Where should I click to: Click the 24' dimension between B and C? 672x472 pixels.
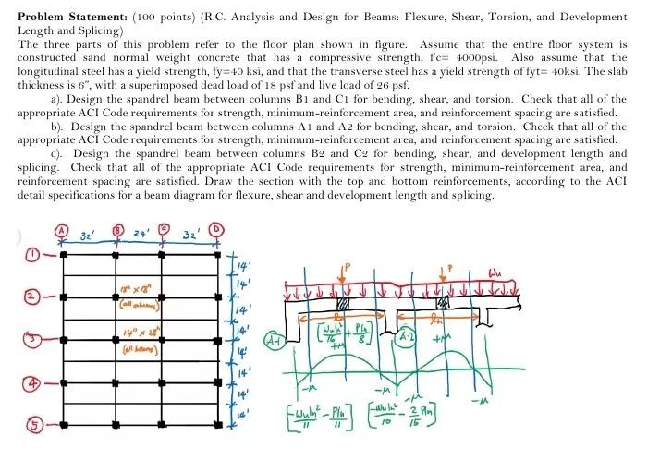click(141, 234)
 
